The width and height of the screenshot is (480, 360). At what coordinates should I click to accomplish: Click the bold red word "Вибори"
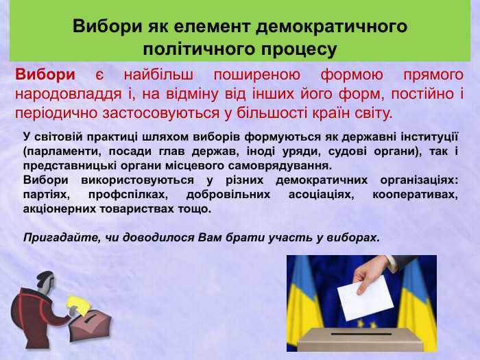pos(45,75)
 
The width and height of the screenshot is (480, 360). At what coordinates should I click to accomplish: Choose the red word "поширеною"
pos(262,75)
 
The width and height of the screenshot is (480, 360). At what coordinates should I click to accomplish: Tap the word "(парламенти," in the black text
pos(58,151)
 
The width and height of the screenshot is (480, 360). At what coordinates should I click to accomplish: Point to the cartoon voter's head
pos(45,280)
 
